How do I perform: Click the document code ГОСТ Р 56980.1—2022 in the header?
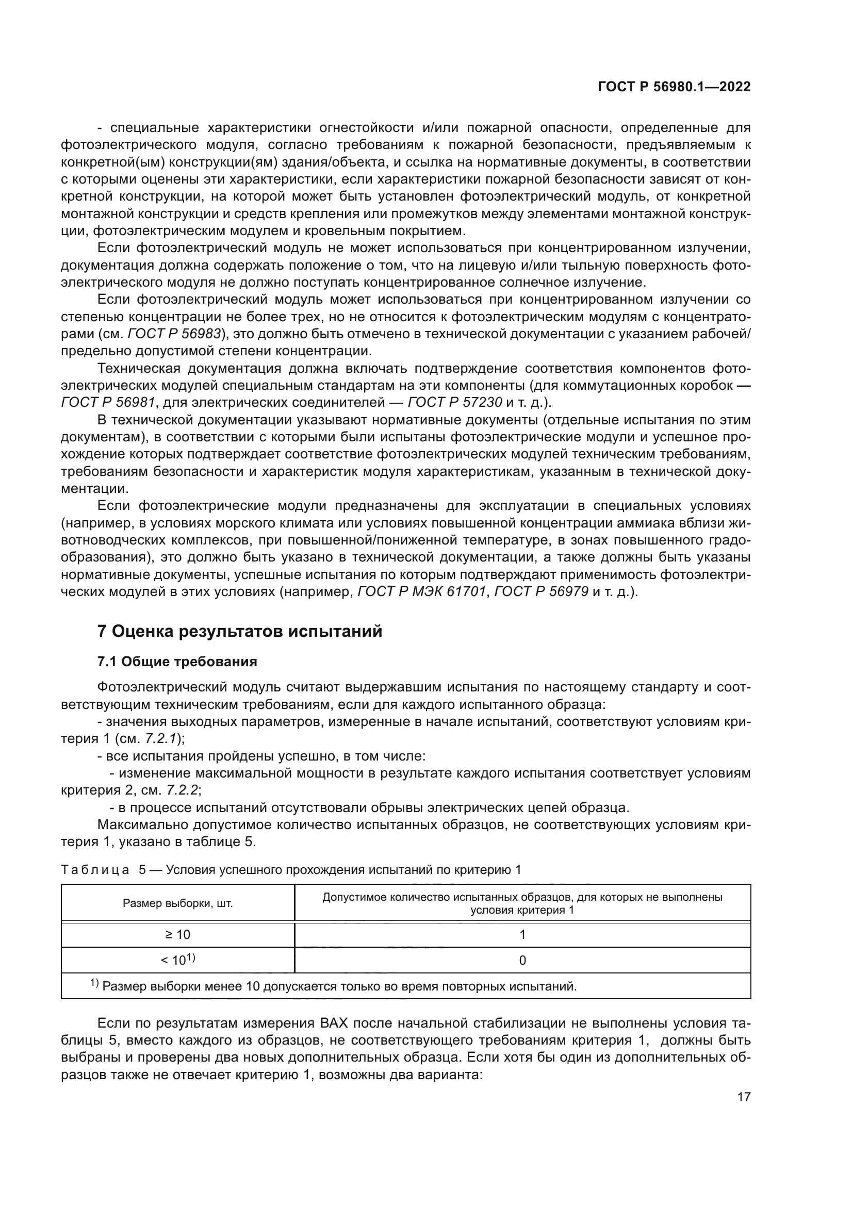(x=674, y=87)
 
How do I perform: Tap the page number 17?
(x=744, y=1097)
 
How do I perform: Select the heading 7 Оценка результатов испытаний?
(x=240, y=632)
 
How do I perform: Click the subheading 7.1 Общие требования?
(x=177, y=662)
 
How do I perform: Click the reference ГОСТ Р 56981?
(x=108, y=402)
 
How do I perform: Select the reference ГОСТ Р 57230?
(x=455, y=402)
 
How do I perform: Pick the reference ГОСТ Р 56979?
(x=541, y=591)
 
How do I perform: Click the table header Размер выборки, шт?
(x=177, y=903)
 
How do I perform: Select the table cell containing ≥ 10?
(x=177, y=934)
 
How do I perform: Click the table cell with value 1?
(x=522, y=934)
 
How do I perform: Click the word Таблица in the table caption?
(x=95, y=870)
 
